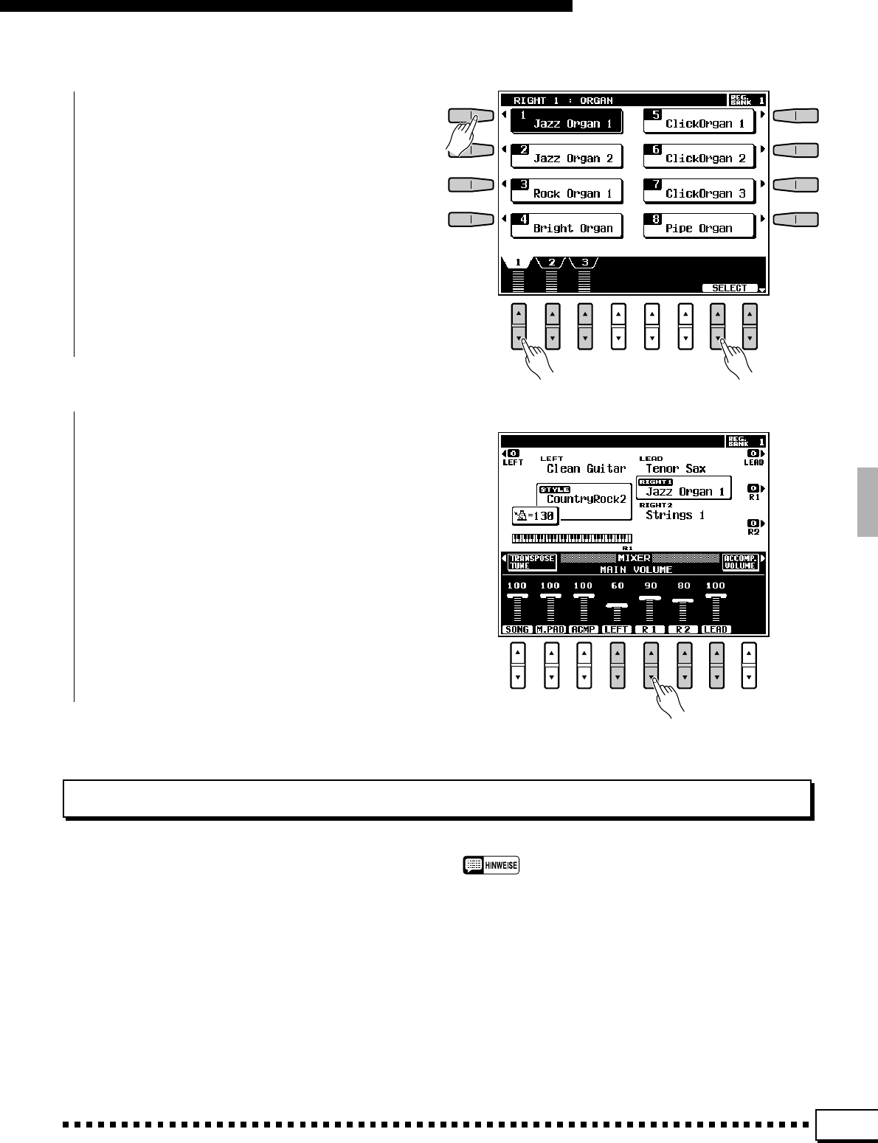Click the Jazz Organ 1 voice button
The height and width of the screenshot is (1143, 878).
tap(567, 121)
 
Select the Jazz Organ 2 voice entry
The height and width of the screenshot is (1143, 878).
tap(567, 156)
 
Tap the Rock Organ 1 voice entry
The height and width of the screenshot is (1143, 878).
tap(567, 192)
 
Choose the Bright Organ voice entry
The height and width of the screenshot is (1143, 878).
tap(567, 226)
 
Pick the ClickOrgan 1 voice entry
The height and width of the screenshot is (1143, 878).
tap(699, 121)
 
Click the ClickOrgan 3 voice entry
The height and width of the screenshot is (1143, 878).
tap(699, 192)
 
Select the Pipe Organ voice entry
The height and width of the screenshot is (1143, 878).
tap(699, 226)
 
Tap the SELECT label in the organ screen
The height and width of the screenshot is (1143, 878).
tap(730, 288)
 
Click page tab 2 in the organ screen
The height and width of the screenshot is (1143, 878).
tap(552, 263)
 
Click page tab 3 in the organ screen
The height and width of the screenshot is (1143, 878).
tap(585, 263)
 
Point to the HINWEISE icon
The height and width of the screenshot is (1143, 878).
tap(491, 865)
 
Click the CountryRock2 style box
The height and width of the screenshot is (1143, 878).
tap(585, 499)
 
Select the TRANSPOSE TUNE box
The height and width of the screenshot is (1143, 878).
tap(530, 562)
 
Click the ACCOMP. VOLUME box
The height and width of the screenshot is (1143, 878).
tap(740, 562)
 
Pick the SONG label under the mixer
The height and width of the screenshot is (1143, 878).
tap(517, 630)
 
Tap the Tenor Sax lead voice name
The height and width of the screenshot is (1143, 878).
tap(675, 469)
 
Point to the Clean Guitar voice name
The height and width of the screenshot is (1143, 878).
tap(586, 469)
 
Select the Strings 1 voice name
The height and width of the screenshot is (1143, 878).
tap(675, 515)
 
